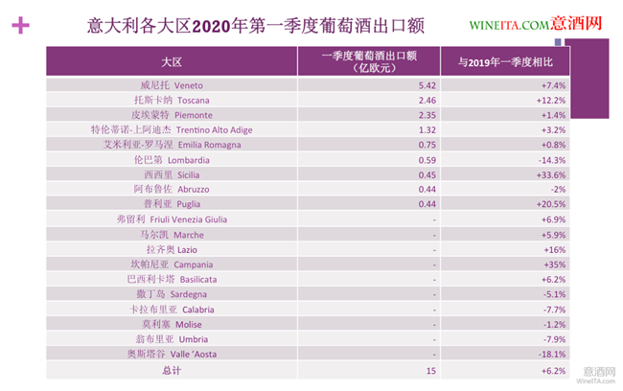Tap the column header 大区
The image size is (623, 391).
coord(172,62)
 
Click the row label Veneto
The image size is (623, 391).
coord(172,85)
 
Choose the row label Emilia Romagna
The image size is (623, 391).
coord(172,145)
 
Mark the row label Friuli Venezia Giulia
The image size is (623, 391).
coord(172,219)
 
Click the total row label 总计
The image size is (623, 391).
coord(172,369)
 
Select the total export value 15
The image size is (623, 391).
coord(431,369)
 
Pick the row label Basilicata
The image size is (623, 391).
coord(172,279)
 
